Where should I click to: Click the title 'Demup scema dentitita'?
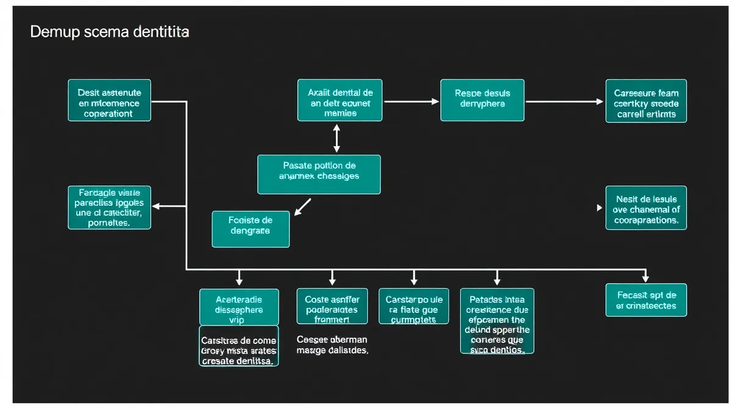110,32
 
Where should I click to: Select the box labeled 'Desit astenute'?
110,100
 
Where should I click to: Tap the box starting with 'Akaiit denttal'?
340,100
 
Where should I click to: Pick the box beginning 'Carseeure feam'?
646,101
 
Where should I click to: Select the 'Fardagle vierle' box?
110,208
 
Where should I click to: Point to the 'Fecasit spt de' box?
646,300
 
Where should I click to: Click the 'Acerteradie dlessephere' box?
239,307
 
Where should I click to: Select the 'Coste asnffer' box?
332,306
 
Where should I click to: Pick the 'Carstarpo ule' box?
414,306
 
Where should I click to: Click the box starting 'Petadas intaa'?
497,321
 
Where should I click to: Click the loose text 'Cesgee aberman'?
332,344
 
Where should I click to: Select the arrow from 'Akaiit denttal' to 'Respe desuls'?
411,101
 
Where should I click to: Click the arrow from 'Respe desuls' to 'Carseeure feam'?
564,102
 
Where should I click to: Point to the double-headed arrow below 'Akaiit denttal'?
336,138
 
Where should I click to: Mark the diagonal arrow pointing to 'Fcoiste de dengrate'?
303,206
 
